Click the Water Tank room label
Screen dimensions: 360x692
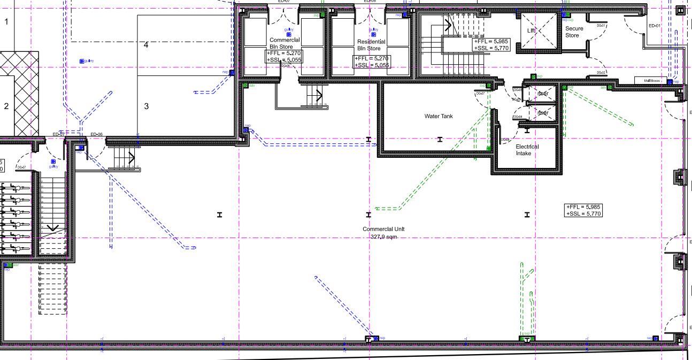point(439,116)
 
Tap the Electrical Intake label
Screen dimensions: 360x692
point(527,150)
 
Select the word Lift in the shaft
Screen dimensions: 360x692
point(531,30)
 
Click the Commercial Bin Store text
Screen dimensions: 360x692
point(285,43)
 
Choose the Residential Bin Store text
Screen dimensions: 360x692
point(371,45)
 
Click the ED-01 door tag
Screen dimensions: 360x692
point(654,26)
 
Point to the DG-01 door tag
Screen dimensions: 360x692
point(601,26)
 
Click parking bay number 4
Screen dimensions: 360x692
point(146,45)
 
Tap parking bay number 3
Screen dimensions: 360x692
point(146,106)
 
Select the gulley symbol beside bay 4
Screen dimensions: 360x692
point(82,62)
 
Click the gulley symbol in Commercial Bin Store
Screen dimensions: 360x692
point(289,34)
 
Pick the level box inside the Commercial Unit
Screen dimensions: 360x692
point(583,210)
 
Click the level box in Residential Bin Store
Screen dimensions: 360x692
point(372,62)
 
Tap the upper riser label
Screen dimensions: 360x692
point(542,94)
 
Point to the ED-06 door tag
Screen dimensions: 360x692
point(96,134)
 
